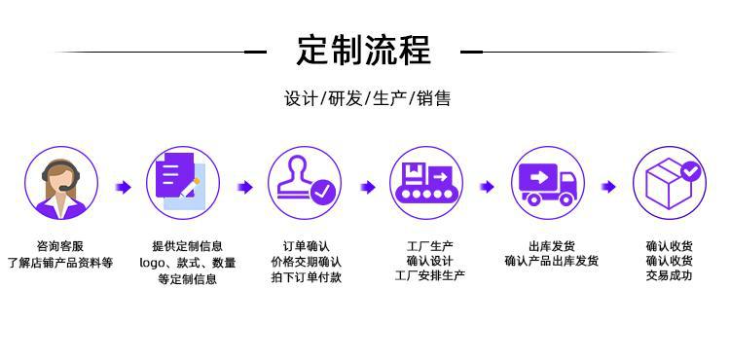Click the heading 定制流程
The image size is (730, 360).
pyautogui.click(x=364, y=51)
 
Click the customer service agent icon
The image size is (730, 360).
pyautogui.click(x=60, y=185)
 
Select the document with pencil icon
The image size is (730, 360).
pyautogui.click(x=183, y=185)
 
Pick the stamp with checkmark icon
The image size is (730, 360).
pyautogui.click(x=305, y=185)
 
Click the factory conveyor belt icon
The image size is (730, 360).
pyautogui.click(x=426, y=185)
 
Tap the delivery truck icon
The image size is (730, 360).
pyautogui.click(x=548, y=185)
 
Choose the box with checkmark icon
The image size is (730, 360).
pyautogui.click(x=670, y=185)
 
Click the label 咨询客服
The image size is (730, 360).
pyautogui.click(x=60, y=246)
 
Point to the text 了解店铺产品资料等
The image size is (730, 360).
pyautogui.click(x=60, y=263)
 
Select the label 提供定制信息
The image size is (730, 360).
pyautogui.click(x=188, y=246)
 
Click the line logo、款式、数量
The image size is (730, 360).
pyautogui.click(x=188, y=263)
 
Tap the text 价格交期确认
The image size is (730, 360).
pyautogui.click(x=307, y=262)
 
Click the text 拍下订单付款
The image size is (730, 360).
pyautogui.click(x=307, y=278)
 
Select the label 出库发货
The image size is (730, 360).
pyautogui.click(x=552, y=246)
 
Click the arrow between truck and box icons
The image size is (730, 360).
pyautogui.click(x=609, y=187)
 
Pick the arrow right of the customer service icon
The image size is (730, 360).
pyautogui.click(x=123, y=187)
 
